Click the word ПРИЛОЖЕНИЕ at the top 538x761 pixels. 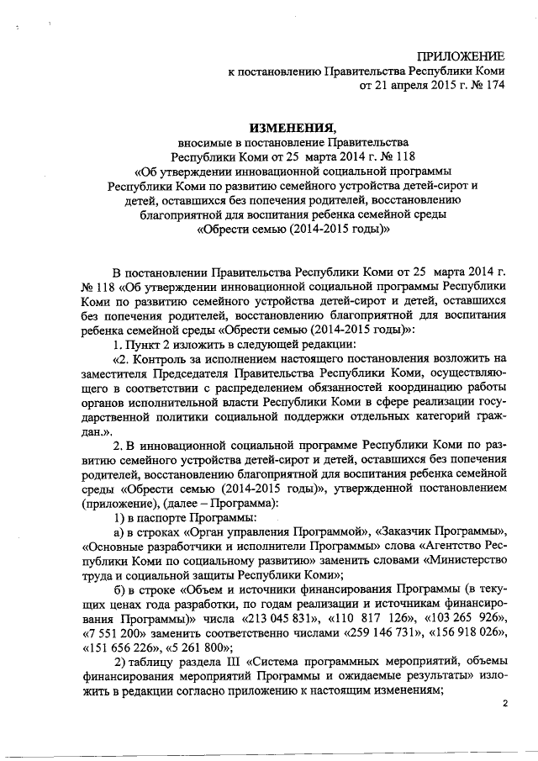click(x=457, y=55)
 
